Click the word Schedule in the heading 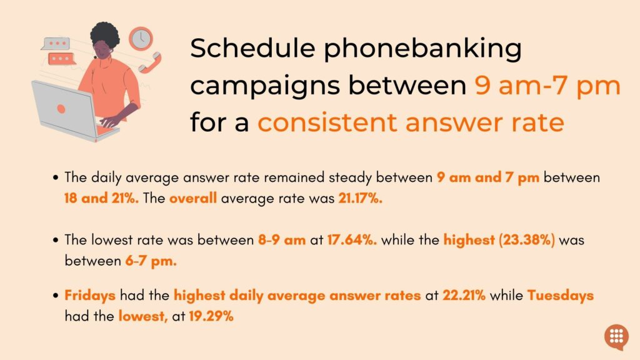click(252, 47)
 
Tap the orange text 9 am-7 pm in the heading click(547, 86)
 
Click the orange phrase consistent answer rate click(411, 122)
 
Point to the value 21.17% click(360, 198)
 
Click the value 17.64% click(352, 239)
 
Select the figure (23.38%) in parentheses click(526, 239)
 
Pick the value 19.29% click(211, 316)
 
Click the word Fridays click(90, 295)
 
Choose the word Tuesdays click(561, 295)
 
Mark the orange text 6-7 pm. click(151, 261)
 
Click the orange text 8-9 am click(282, 239)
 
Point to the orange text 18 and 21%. click(102, 198)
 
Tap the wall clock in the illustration click(141, 39)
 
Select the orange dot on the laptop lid click(61, 109)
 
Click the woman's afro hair click(104, 35)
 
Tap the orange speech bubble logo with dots click(616, 337)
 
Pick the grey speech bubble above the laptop click(56, 44)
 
